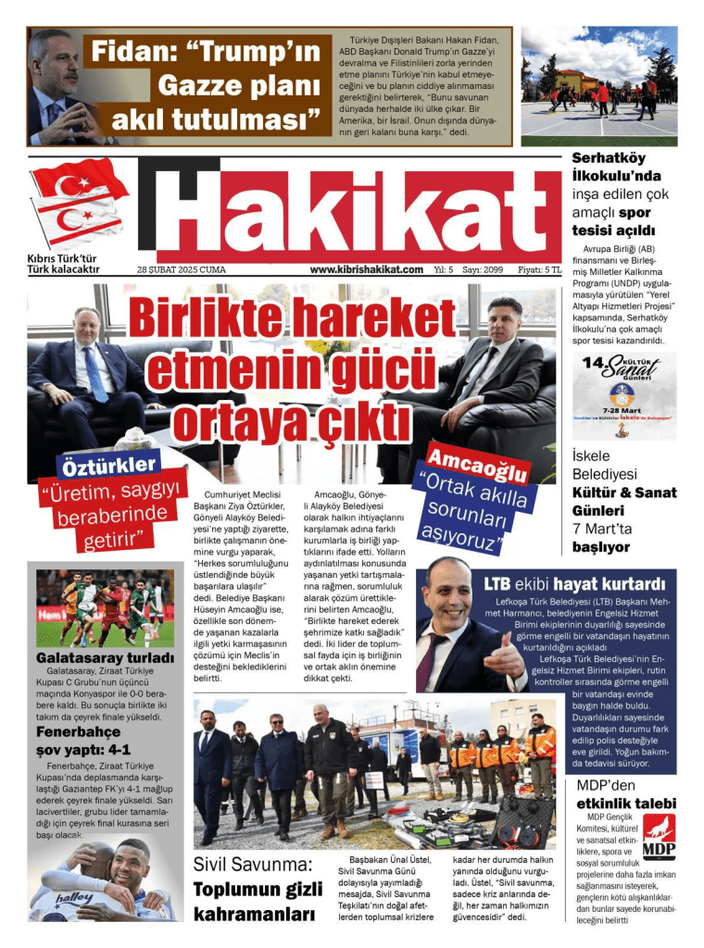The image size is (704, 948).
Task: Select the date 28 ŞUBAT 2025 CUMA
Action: pyautogui.click(x=182, y=269)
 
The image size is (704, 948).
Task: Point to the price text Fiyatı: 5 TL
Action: pyautogui.click(x=539, y=269)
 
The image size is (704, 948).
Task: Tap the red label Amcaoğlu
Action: pyautogui.click(x=478, y=462)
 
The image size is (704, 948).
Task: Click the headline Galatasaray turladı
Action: pyautogui.click(x=105, y=658)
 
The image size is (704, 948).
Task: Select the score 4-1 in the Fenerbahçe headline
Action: pyautogui.click(x=113, y=749)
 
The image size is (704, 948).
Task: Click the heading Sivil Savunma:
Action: pyautogui.click(x=252, y=866)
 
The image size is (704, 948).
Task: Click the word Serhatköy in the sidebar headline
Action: pyautogui.click(x=610, y=158)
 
